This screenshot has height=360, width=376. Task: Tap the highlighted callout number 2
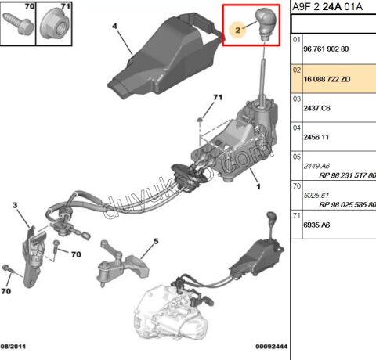tap(237, 30)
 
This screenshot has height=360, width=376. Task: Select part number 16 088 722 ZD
tap(327, 79)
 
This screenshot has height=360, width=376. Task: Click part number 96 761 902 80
tap(326, 49)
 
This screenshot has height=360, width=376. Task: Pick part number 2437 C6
tap(316, 108)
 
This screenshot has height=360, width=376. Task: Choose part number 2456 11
tap(316, 137)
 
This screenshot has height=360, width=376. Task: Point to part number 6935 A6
tap(316, 225)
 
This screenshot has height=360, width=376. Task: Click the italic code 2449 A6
tap(316, 166)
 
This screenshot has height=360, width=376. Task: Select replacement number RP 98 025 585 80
tap(347, 205)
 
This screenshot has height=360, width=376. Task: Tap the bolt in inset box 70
tap(18, 24)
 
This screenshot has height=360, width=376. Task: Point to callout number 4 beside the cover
tap(114, 26)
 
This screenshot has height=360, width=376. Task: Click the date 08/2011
tap(13, 347)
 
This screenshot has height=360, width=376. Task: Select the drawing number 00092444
tap(271, 347)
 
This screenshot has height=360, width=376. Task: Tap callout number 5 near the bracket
tap(156, 241)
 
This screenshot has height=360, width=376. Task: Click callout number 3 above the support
tap(15, 205)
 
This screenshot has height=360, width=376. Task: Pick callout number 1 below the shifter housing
tap(258, 186)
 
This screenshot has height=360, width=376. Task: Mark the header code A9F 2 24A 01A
tap(327, 7)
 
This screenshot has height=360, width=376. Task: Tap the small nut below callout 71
tap(200, 120)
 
